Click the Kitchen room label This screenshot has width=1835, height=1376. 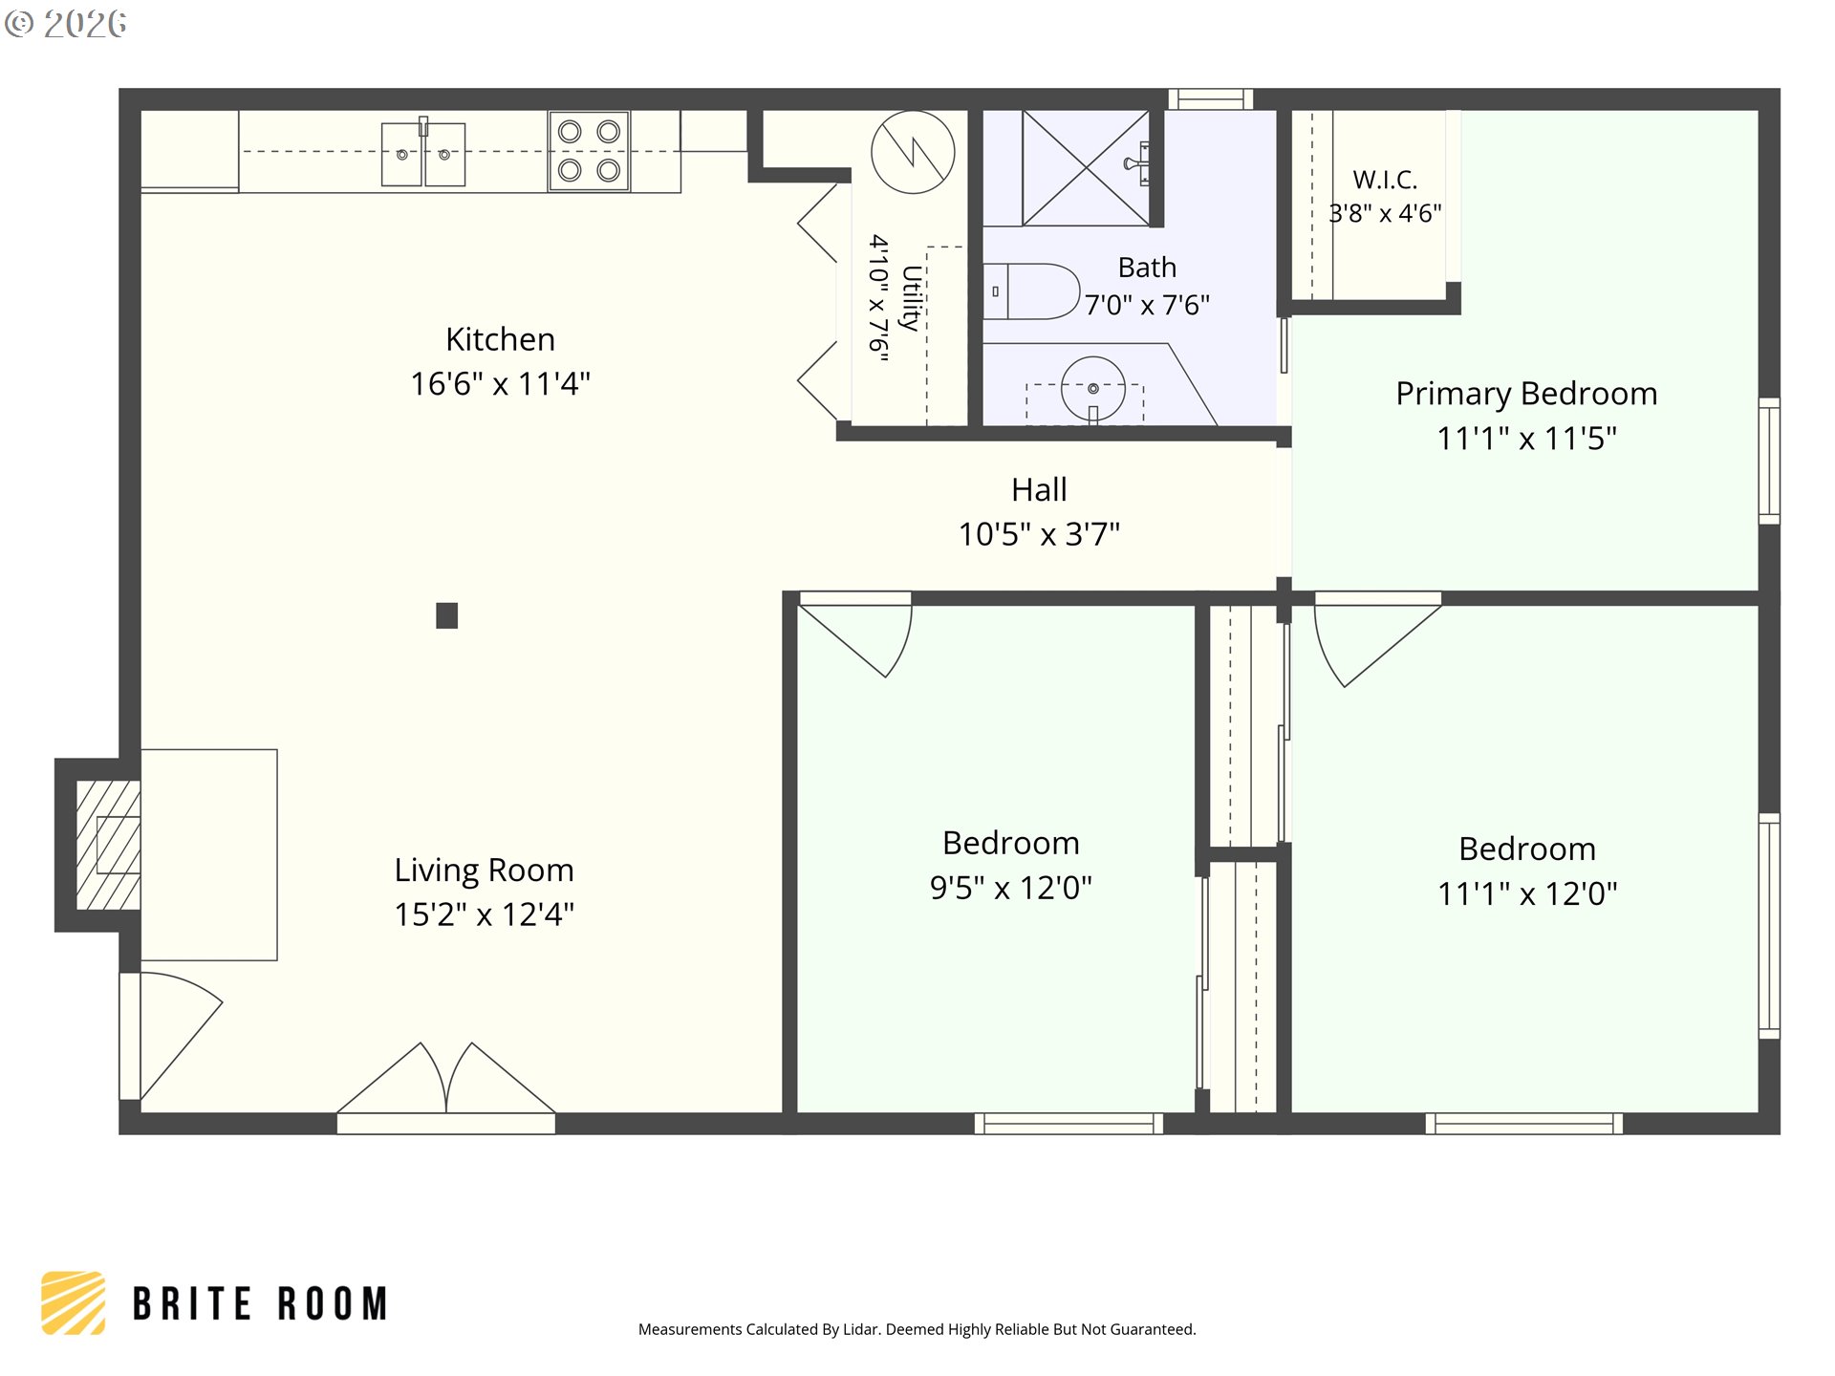[x=500, y=340]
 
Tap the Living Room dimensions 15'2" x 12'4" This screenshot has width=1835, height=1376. [x=485, y=914]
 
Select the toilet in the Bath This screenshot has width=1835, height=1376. [x=1031, y=291]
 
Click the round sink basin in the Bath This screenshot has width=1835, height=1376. [x=1092, y=388]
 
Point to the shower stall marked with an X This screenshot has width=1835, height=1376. [x=1086, y=168]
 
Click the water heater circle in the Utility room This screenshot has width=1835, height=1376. [x=913, y=153]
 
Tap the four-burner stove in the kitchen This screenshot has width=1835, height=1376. [x=589, y=151]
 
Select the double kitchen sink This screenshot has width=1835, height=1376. [x=423, y=154]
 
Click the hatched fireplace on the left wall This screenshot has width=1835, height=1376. [x=108, y=845]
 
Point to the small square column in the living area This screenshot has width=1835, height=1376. [x=446, y=615]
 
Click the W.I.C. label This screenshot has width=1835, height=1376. [x=1385, y=180]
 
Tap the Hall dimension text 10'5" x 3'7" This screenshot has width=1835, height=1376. [x=1039, y=534]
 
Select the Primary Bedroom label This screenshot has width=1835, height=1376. [x=1526, y=394]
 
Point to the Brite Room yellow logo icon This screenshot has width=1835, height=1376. [x=74, y=1302]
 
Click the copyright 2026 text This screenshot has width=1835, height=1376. [x=65, y=24]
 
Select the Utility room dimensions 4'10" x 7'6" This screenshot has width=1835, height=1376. [x=878, y=298]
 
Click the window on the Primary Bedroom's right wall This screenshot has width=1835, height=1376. [x=1769, y=461]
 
